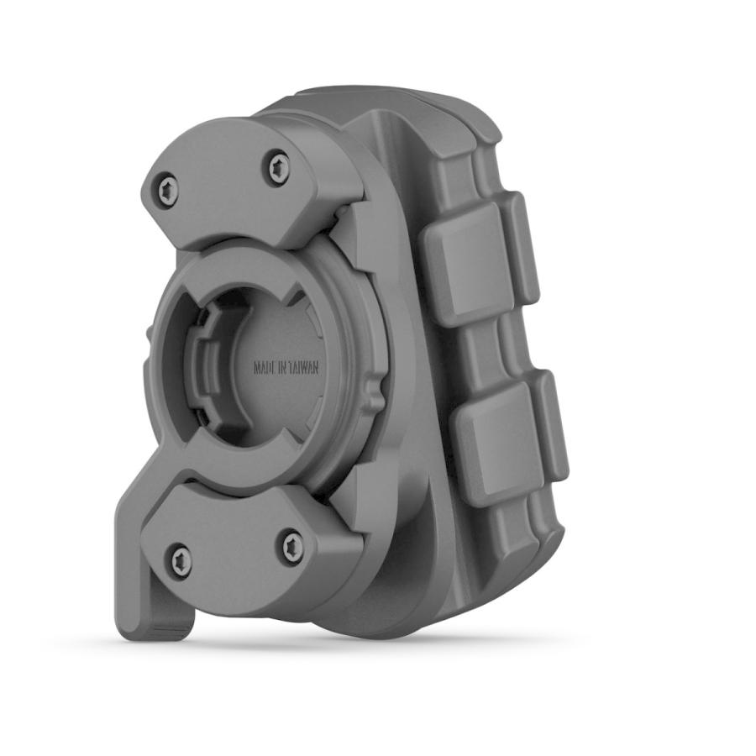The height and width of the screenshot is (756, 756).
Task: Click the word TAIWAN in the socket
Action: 305,368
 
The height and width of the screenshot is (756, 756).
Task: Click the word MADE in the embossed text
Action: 266,368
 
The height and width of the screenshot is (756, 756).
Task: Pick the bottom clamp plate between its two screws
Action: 235,554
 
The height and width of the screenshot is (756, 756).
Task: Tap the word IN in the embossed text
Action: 286,368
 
